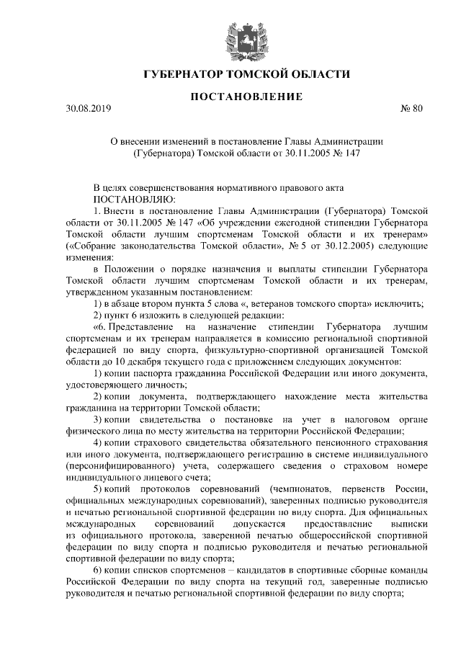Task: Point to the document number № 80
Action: pos(412,109)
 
